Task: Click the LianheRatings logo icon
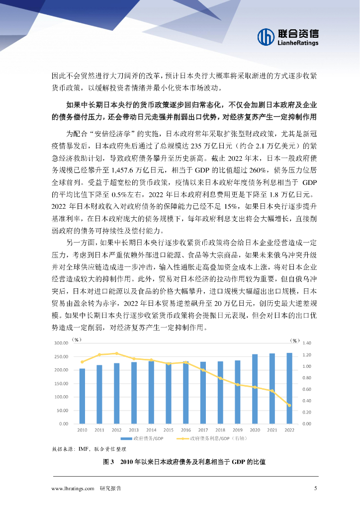[266, 36]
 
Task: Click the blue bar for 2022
[289, 388]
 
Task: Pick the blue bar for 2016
[185, 392]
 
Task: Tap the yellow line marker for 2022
[289, 405]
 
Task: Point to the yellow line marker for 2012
[116, 353]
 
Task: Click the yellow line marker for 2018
[220, 378]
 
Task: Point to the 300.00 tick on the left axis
[61, 343]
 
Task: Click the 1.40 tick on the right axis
[306, 343]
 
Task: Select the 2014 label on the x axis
[151, 430]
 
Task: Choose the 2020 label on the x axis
[255, 430]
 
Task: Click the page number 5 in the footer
[315, 488]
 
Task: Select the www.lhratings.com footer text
[73, 488]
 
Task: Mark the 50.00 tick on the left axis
[62, 411]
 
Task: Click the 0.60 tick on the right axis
[306, 389]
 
